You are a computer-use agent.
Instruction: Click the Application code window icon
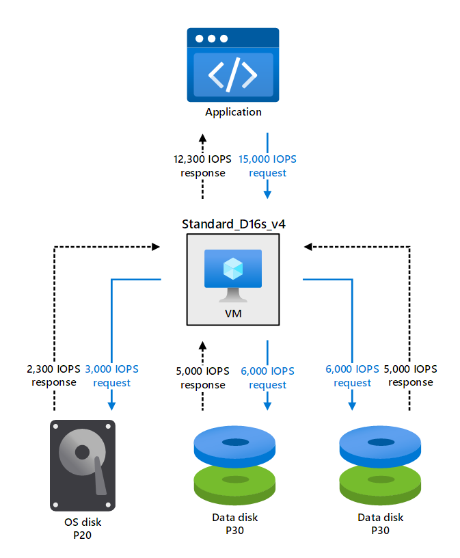(x=233, y=65)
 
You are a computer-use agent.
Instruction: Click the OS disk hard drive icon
(x=83, y=465)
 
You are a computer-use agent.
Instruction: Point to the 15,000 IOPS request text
(x=267, y=165)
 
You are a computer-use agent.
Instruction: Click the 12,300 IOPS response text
(x=203, y=165)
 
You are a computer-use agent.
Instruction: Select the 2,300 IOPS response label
(x=54, y=375)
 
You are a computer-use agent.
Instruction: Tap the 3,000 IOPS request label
(x=111, y=375)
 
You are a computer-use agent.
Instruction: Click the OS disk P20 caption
(x=83, y=529)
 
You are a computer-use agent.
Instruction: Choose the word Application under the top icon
(x=233, y=112)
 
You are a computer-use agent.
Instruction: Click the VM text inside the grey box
(x=232, y=314)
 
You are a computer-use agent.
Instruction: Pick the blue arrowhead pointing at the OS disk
(x=111, y=405)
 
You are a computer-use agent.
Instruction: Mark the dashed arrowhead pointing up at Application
(x=203, y=135)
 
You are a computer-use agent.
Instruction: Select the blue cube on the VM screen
(x=232, y=267)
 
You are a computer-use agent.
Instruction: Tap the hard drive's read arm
(x=100, y=476)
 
